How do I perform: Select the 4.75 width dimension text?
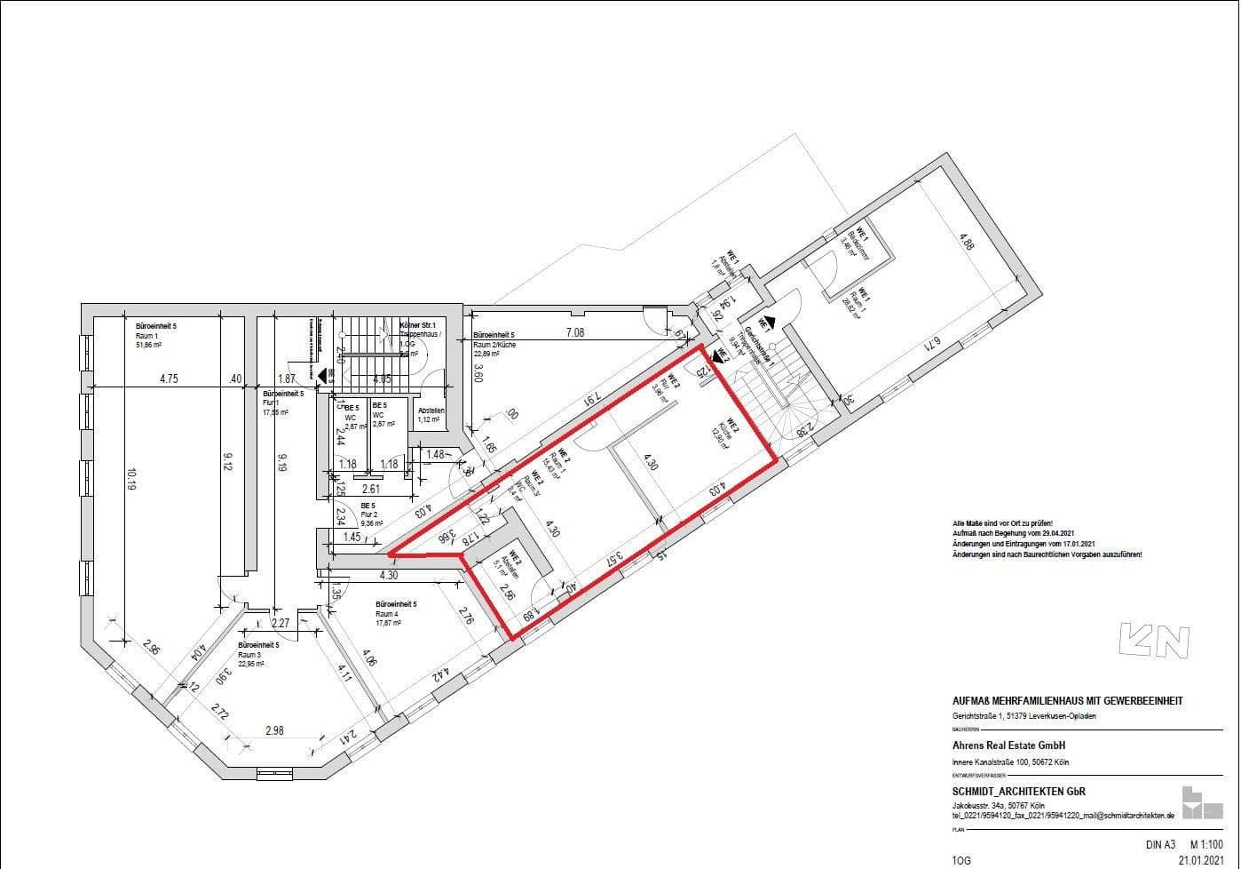[169, 379]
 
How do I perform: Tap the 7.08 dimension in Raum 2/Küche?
[575, 333]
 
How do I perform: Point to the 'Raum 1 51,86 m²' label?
[156, 337]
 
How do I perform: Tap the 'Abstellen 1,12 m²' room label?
[431, 415]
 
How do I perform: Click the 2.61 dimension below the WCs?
[370, 489]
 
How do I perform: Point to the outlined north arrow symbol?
[1153, 641]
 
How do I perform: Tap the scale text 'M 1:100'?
[1205, 845]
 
